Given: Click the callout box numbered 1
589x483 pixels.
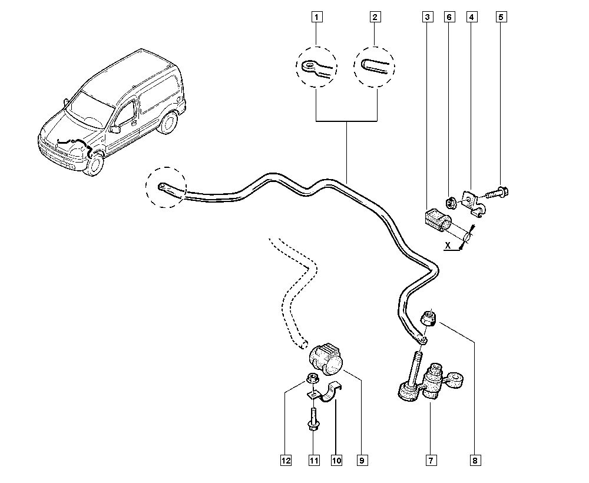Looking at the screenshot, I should tap(317, 18).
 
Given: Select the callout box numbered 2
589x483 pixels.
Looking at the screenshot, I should tap(374, 18).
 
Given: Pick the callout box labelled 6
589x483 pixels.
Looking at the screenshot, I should tap(449, 18).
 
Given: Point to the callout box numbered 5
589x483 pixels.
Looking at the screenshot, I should tap(501, 18).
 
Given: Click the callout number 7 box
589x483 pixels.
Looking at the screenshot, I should tap(431, 459).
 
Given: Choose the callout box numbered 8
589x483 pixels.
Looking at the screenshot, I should tap(475, 459).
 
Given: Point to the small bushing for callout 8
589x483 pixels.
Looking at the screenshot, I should tap(429, 319).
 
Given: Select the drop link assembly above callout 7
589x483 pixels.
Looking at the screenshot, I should tap(427, 382).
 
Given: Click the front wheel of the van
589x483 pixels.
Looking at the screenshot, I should tap(93, 163).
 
